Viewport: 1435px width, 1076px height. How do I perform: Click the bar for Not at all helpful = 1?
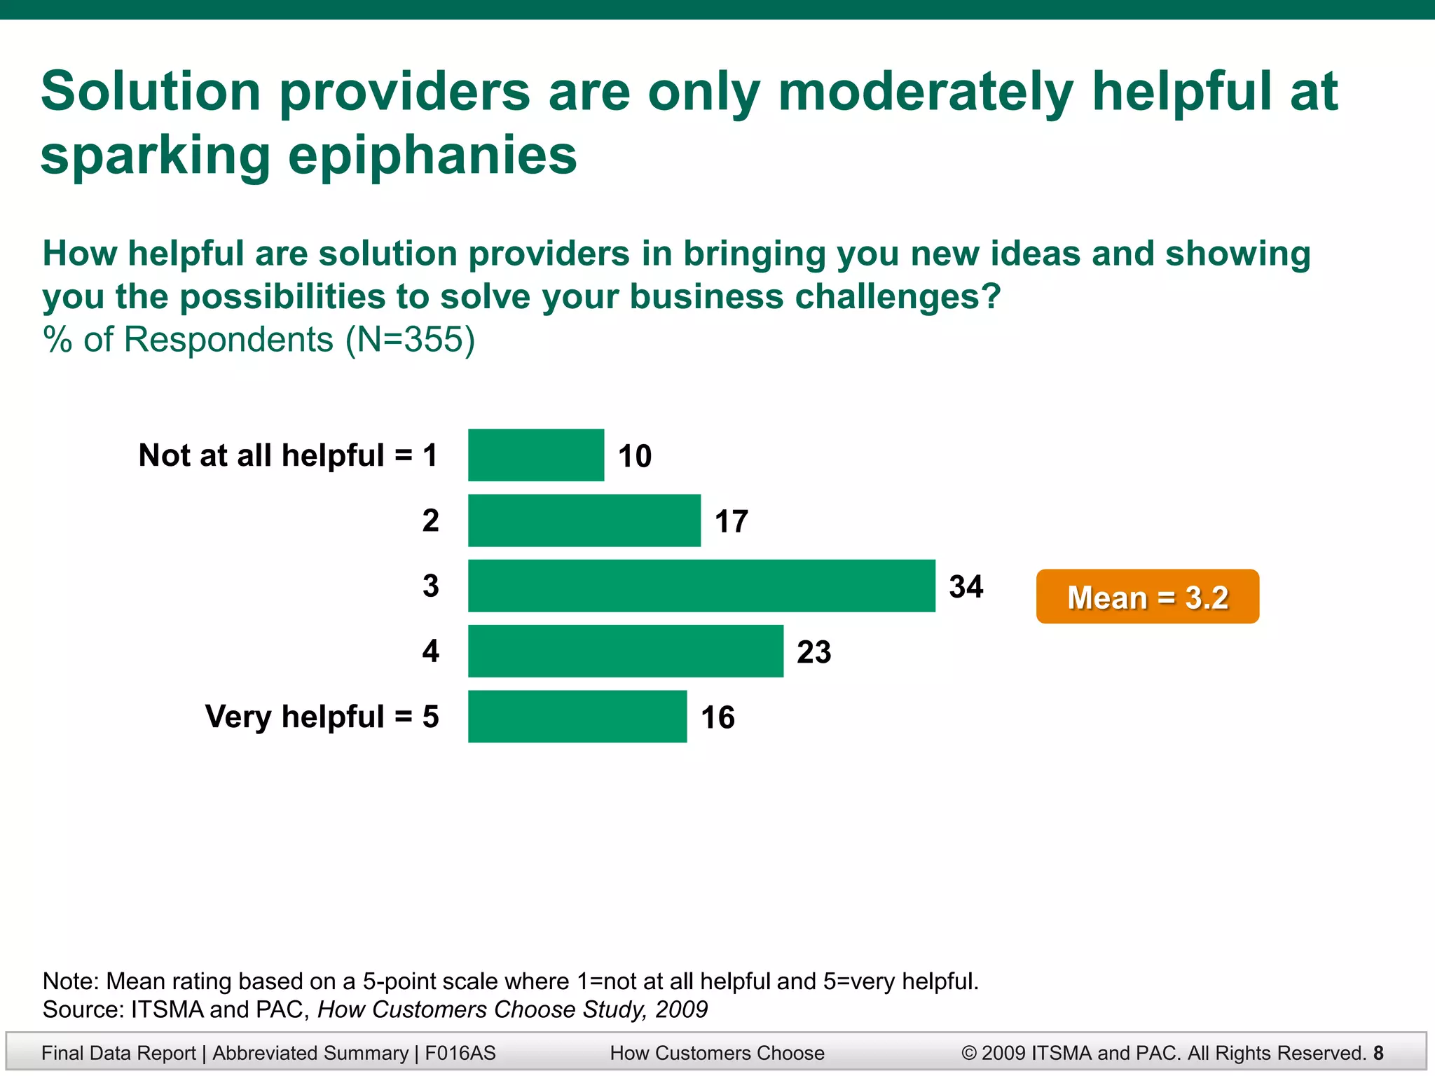pyautogui.click(x=536, y=455)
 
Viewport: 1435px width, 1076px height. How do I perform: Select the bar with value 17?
pyautogui.click(x=584, y=520)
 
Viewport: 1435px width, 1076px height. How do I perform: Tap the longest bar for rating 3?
pyautogui.click(x=701, y=586)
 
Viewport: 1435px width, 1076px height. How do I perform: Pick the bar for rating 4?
pyautogui.click(x=626, y=651)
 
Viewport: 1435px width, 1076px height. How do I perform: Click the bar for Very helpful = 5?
pyautogui.click(x=577, y=717)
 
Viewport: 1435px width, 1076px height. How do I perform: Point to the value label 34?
pyautogui.click(x=966, y=586)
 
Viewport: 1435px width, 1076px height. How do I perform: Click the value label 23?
pyautogui.click(x=813, y=652)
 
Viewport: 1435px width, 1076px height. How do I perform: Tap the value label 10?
pyautogui.click(x=635, y=456)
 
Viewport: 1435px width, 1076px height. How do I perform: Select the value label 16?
pyautogui.click(x=717, y=717)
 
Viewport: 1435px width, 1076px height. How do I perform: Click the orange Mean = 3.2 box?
pyautogui.click(x=1147, y=597)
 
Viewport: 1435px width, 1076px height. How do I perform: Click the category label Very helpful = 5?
pyautogui.click(x=322, y=717)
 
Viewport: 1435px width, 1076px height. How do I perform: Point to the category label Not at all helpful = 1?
pyautogui.click(x=288, y=455)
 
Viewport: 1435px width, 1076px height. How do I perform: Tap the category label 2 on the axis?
pyautogui.click(x=430, y=520)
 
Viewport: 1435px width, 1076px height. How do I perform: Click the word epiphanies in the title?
pyautogui.click(x=432, y=156)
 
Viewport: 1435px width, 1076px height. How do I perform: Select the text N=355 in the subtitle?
pyautogui.click(x=410, y=340)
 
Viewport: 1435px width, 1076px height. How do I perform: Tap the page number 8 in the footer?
pyautogui.click(x=1378, y=1053)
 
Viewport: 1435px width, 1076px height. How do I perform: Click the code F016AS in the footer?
pyautogui.click(x=460, y=1053)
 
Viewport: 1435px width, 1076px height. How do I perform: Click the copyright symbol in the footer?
pyautogui.click(x=969, y=1053)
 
